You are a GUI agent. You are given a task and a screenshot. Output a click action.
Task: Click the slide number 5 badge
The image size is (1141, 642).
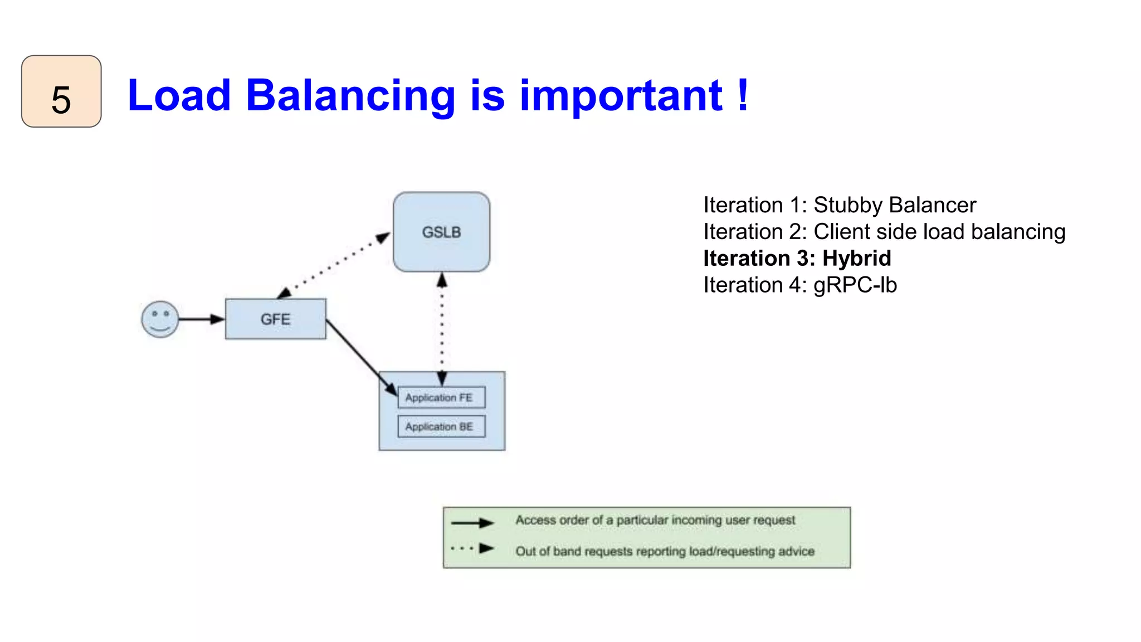(x=61, y=92)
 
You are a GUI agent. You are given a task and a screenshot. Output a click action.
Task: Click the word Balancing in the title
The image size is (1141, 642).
(x=350, y=96)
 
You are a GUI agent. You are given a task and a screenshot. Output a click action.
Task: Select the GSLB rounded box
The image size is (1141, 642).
(x=441, y=232)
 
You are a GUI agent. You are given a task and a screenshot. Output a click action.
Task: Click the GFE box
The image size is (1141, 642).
(x=275, y=319)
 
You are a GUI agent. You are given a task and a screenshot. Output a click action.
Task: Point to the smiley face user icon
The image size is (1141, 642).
(x=160, y=319)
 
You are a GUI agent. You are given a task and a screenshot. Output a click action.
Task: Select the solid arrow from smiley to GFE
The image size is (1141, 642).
(x=201, y=319)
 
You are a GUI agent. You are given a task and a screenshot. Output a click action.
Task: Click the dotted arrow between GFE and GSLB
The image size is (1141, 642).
(x=334, y=265)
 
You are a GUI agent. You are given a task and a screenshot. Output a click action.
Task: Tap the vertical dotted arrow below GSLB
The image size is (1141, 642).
(x=442, y=329)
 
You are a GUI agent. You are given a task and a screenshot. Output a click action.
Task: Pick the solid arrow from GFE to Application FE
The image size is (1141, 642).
(x=361, y=357)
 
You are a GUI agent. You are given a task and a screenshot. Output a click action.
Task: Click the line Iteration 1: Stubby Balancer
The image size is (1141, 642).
(x=839, y=205)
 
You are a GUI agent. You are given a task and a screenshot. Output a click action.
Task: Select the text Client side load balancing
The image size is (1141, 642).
(x=939, y=232)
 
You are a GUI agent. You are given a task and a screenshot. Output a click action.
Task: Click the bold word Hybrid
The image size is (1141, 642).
(x=856, y=259)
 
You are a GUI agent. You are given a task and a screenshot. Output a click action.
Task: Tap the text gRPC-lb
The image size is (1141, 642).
(x=855, y=285)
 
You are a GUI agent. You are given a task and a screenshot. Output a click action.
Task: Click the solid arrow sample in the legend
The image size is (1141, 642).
(x=472, y=523)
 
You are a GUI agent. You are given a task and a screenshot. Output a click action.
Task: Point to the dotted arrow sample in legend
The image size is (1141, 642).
(x=472, y=548)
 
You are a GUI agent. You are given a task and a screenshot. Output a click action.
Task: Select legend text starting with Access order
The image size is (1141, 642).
(x=655, y=520)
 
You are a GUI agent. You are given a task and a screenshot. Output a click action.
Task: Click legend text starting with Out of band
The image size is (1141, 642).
(x=665, y=551)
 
